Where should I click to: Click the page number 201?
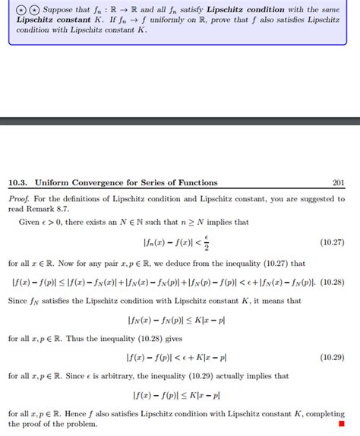pos(338,182)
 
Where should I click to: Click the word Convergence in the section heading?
pos(103,182)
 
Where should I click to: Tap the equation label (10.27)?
pos(333,242)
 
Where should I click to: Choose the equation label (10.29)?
pos(333,356)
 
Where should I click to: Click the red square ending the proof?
pos(341,424)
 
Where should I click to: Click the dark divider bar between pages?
pos(180,120)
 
